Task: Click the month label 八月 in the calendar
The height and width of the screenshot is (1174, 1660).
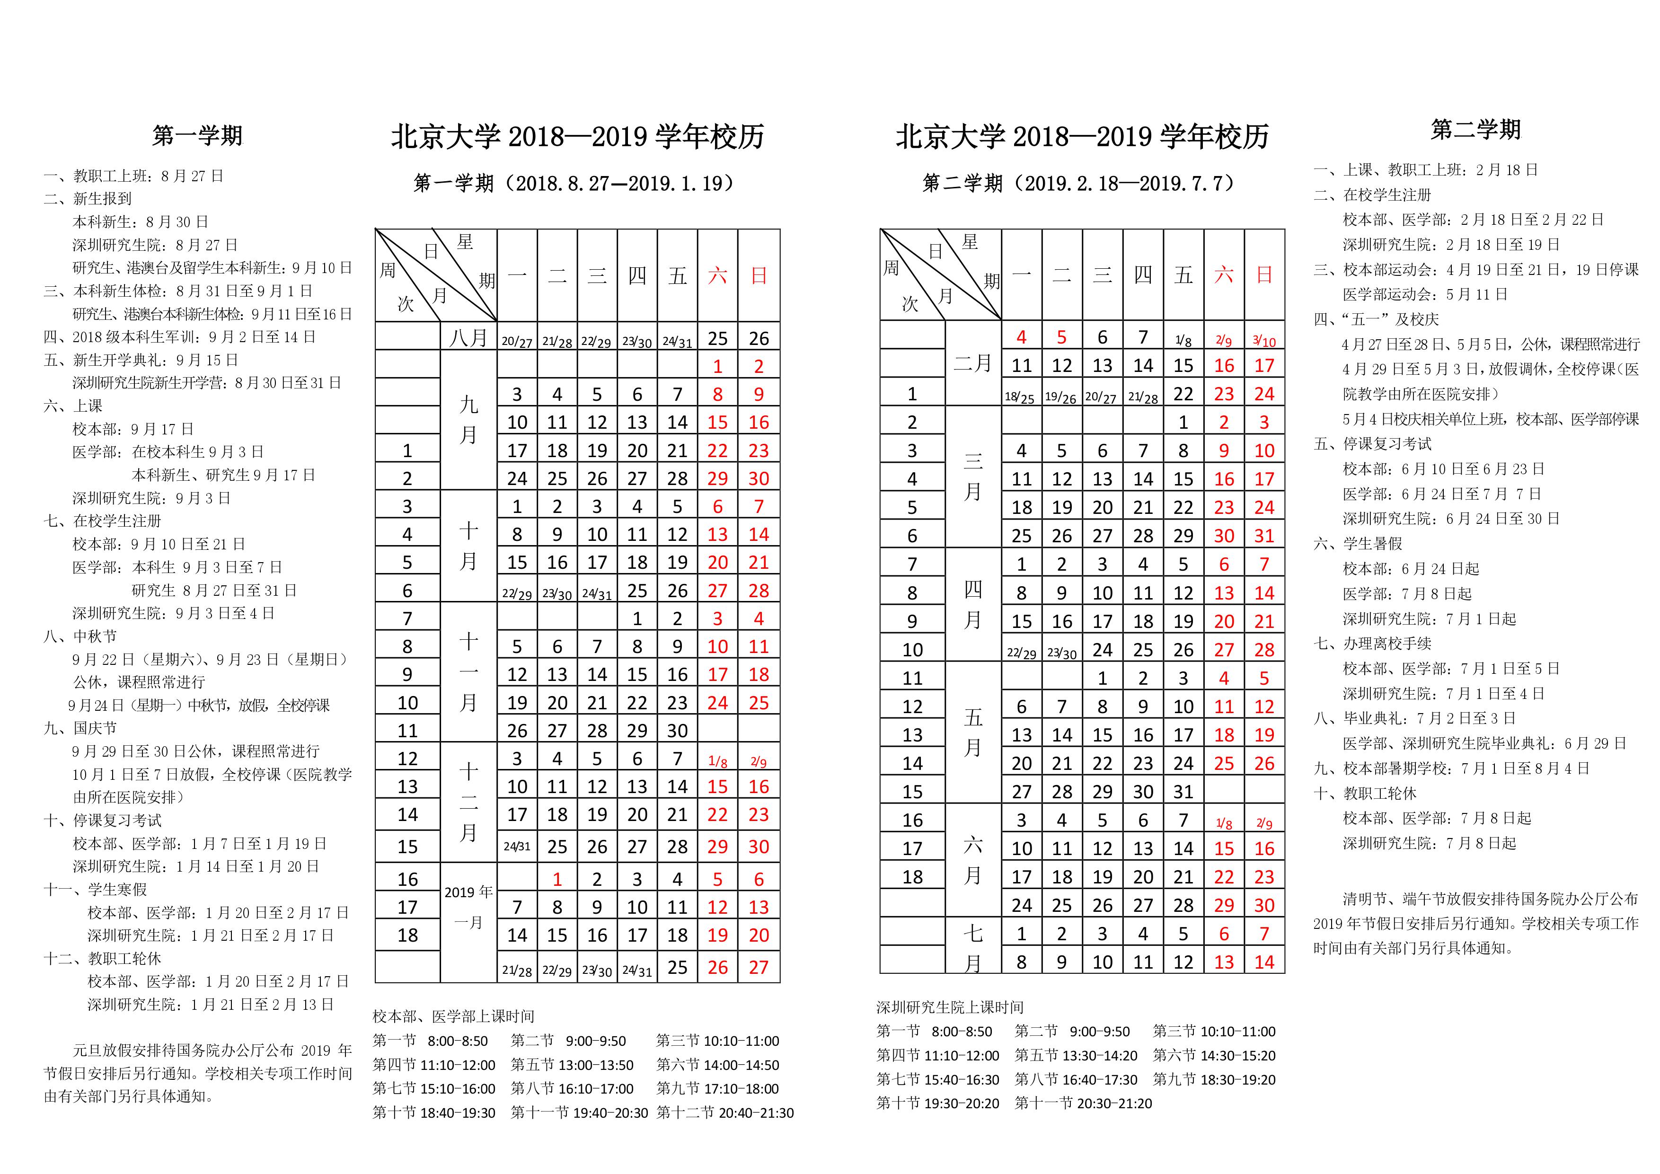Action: tap(468, 337)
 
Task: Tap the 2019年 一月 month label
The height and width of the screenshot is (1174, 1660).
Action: tap(468, 907)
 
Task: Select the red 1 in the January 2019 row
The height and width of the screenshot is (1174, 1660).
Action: tap(556, 879)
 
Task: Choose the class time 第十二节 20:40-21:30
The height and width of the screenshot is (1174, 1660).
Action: tap(724, 1112)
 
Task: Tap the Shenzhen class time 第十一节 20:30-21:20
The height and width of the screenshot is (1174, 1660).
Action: tap(1083, 1103)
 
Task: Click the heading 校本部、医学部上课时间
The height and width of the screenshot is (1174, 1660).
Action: tap(453, 1016)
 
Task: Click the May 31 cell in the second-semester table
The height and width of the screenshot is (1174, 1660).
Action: tap(1183, 792)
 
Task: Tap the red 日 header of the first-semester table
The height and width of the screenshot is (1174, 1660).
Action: tap(759, 275)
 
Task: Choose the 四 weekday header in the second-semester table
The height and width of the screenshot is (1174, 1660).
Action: tap(1142, 275)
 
